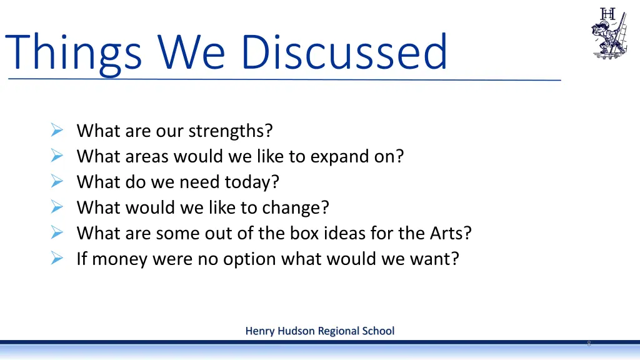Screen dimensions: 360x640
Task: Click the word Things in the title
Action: click(x=74, y=52)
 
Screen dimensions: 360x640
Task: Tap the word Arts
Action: click(x=450, y=232)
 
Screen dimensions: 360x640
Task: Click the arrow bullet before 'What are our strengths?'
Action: click(x=56, y=131)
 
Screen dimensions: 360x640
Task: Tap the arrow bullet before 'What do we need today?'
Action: click(x=56, y=182)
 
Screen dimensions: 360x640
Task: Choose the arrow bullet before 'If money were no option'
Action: click(x=56, y=258)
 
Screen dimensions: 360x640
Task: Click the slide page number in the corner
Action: click(x=588, y=344)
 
